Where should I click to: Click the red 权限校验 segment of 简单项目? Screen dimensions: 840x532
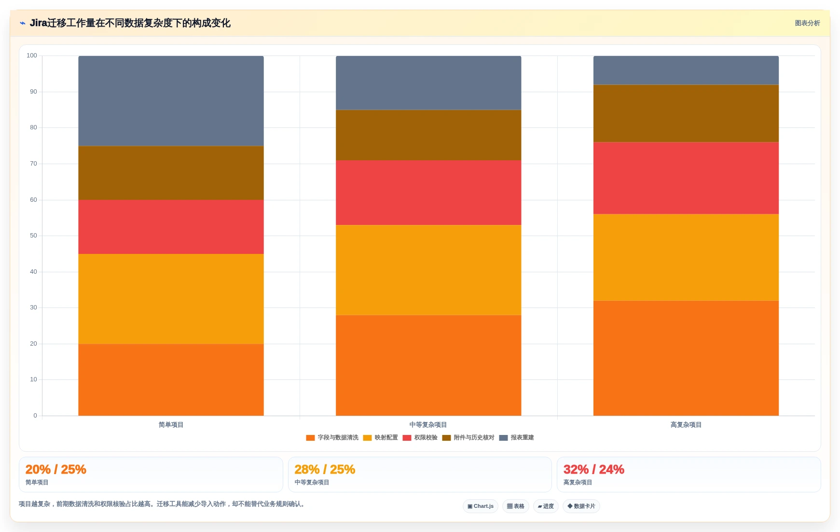coord(171,227)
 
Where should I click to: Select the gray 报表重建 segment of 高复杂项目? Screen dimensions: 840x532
coord(686,70)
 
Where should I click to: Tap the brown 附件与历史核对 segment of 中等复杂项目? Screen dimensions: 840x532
coord(428,135)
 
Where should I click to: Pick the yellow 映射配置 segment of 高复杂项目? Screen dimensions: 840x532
coord(686,257)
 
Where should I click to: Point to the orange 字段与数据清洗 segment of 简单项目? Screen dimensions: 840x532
coord(171,380)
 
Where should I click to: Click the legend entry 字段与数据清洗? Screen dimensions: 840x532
coord(332,438)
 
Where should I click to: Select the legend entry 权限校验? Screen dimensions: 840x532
coord(420,438)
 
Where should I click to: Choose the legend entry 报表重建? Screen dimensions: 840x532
coord(516,438)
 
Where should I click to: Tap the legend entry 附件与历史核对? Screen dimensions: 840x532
coord(468,438)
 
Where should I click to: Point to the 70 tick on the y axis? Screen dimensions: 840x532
coord(33,164)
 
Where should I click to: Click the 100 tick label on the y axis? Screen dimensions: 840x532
coord(32,56)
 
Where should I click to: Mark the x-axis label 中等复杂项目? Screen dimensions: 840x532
coord(428,425)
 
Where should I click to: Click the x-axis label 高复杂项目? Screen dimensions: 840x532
coord(686,425)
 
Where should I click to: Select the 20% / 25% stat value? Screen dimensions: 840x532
coord(56,469)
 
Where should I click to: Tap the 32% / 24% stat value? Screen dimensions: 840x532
coord(594,469)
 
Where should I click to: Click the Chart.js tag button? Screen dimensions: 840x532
coord(481,506)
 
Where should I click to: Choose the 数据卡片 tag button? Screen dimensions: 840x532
coord(581,506)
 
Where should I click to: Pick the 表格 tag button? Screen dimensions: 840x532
coord(516,506)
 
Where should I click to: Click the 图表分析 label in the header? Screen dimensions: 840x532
coord(807,23)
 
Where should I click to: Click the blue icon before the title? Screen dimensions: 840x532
coord(23,23)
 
